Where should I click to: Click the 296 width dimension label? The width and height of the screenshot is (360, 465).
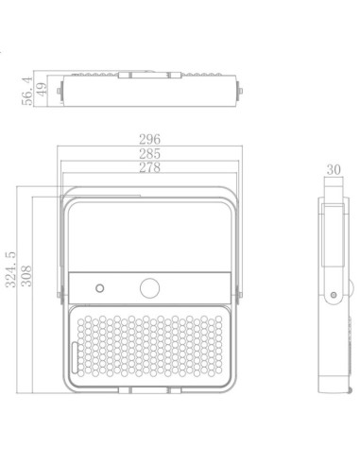pos(148,140)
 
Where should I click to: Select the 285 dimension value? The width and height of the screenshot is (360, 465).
pos(148,154)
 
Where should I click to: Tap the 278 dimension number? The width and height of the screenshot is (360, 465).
pos(148,168)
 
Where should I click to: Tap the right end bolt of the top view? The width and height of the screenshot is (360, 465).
pos(243,91)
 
